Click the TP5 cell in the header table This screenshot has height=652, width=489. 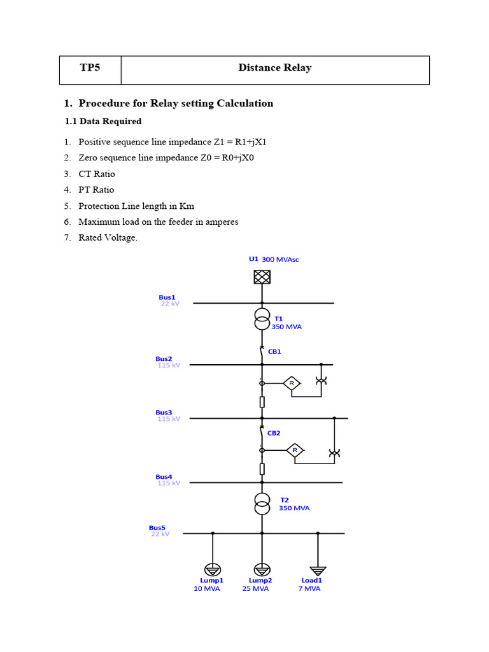click(x=90, y=68)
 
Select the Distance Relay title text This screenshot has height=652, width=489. click(x=274, y=68)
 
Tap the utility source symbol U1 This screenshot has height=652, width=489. click(x=262, y=277)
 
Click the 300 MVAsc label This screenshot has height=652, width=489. click(x=280, y=260)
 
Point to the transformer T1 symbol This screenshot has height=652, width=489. click(x=262, y=319)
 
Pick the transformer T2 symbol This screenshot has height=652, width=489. click(x=262, y=504)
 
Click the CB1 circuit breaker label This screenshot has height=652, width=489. click(x=274, y=351)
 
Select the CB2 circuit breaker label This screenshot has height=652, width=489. click(x=274, y=433)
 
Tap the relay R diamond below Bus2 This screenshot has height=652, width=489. click(x=292, y=383)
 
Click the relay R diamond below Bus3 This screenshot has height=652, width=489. click(x=294, y=451)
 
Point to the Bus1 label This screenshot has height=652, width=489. click(x=167, y=297)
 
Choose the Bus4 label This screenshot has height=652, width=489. click(x=164, y=477)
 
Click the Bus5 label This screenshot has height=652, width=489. click(x=157, y=528)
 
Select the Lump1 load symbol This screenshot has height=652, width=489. click(x=212, y=569)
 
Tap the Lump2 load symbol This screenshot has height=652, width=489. click(x=262, y=569)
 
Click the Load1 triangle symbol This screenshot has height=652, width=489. click(x=318, y=570)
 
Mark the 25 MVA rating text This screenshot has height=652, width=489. click(x=255, y=589)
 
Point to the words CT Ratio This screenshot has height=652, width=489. click(x=97, y=174)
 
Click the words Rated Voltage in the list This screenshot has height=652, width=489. click(x=107, y=238)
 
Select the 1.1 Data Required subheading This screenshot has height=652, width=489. click(x=103, y=121)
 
